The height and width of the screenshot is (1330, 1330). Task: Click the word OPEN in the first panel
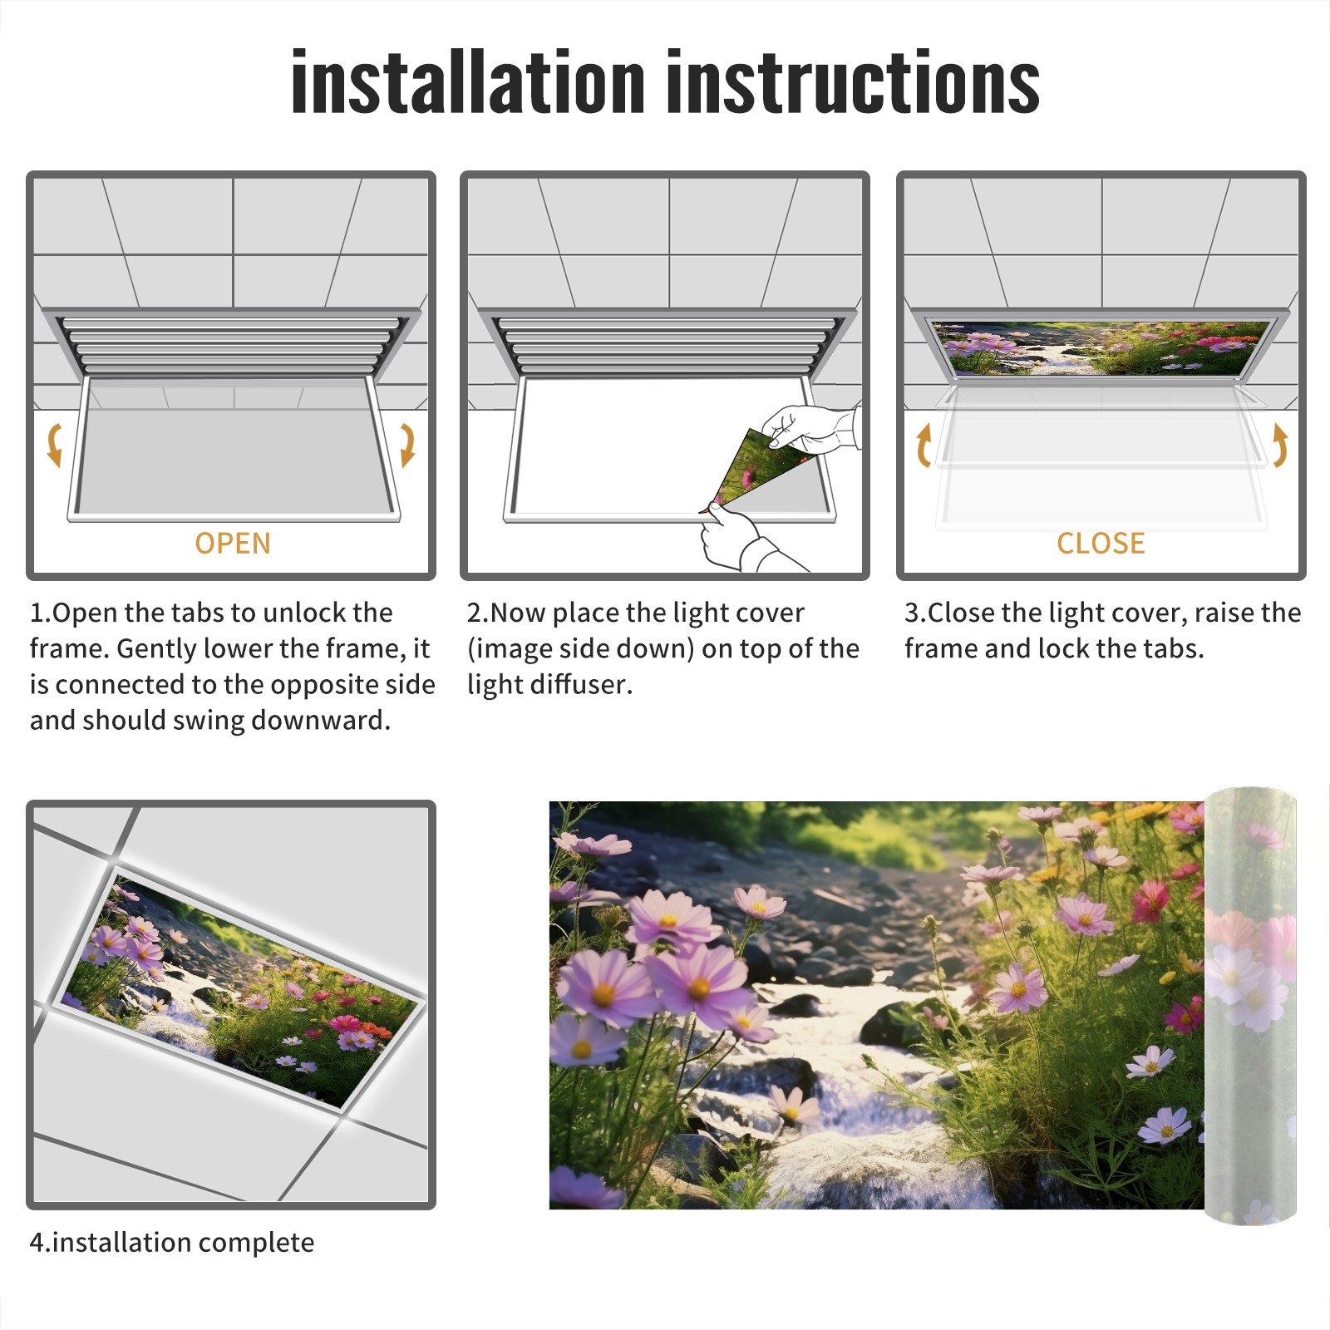(x=233, y=544)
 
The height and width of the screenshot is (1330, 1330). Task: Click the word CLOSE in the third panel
(x=1101, y=544)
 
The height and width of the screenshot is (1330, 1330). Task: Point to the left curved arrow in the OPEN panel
(x=54, y=445)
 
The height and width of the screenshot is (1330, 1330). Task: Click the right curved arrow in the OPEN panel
(x=407, y=445)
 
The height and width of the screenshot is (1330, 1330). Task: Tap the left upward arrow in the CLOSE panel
(x=924, y=445)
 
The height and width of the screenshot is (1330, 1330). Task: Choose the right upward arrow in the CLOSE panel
(x=1280, y=445)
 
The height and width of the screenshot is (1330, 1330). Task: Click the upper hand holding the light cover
(x=810, y=428)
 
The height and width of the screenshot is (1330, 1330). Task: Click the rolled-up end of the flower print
(x=1250, y=1005)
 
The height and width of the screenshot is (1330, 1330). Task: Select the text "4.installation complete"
(x=172, y=1243)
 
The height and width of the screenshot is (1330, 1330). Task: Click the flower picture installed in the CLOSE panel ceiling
(x=1101, y=347)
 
